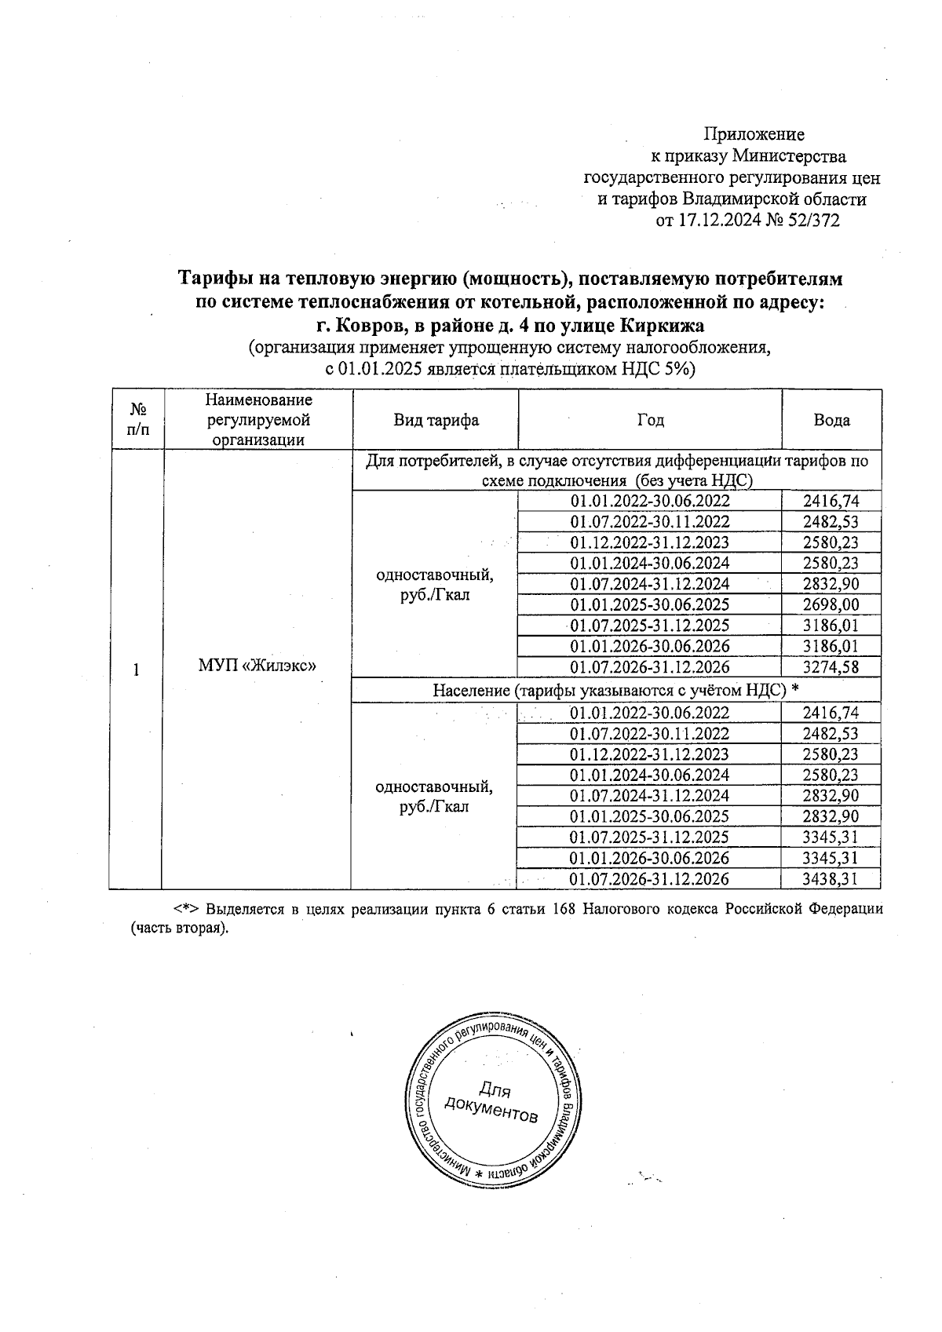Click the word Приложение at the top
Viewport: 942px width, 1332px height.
[x=754, y=134]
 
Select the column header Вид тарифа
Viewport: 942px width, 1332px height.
[x=436, y=420]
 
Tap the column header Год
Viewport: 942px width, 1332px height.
[x=650, y=420]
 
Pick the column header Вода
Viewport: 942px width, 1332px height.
[x=831, y=420]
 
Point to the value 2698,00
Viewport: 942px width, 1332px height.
[x=831, y=604]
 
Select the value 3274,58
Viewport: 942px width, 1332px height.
[x=831, y=667]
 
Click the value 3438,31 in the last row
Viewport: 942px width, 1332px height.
[x=831, y=879]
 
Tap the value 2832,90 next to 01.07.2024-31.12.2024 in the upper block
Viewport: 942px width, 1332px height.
[x=831, y=584]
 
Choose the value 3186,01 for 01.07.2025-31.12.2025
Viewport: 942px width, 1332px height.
[x=831, y=626]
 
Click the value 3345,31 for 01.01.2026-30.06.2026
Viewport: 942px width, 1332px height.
[x=831, y=858]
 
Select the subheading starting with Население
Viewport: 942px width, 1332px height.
[x=615, y=690]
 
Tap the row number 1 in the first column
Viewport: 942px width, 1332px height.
[x=137, y=670]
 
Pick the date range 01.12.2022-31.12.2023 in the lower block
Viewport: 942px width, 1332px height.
[x=649, y=754]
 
